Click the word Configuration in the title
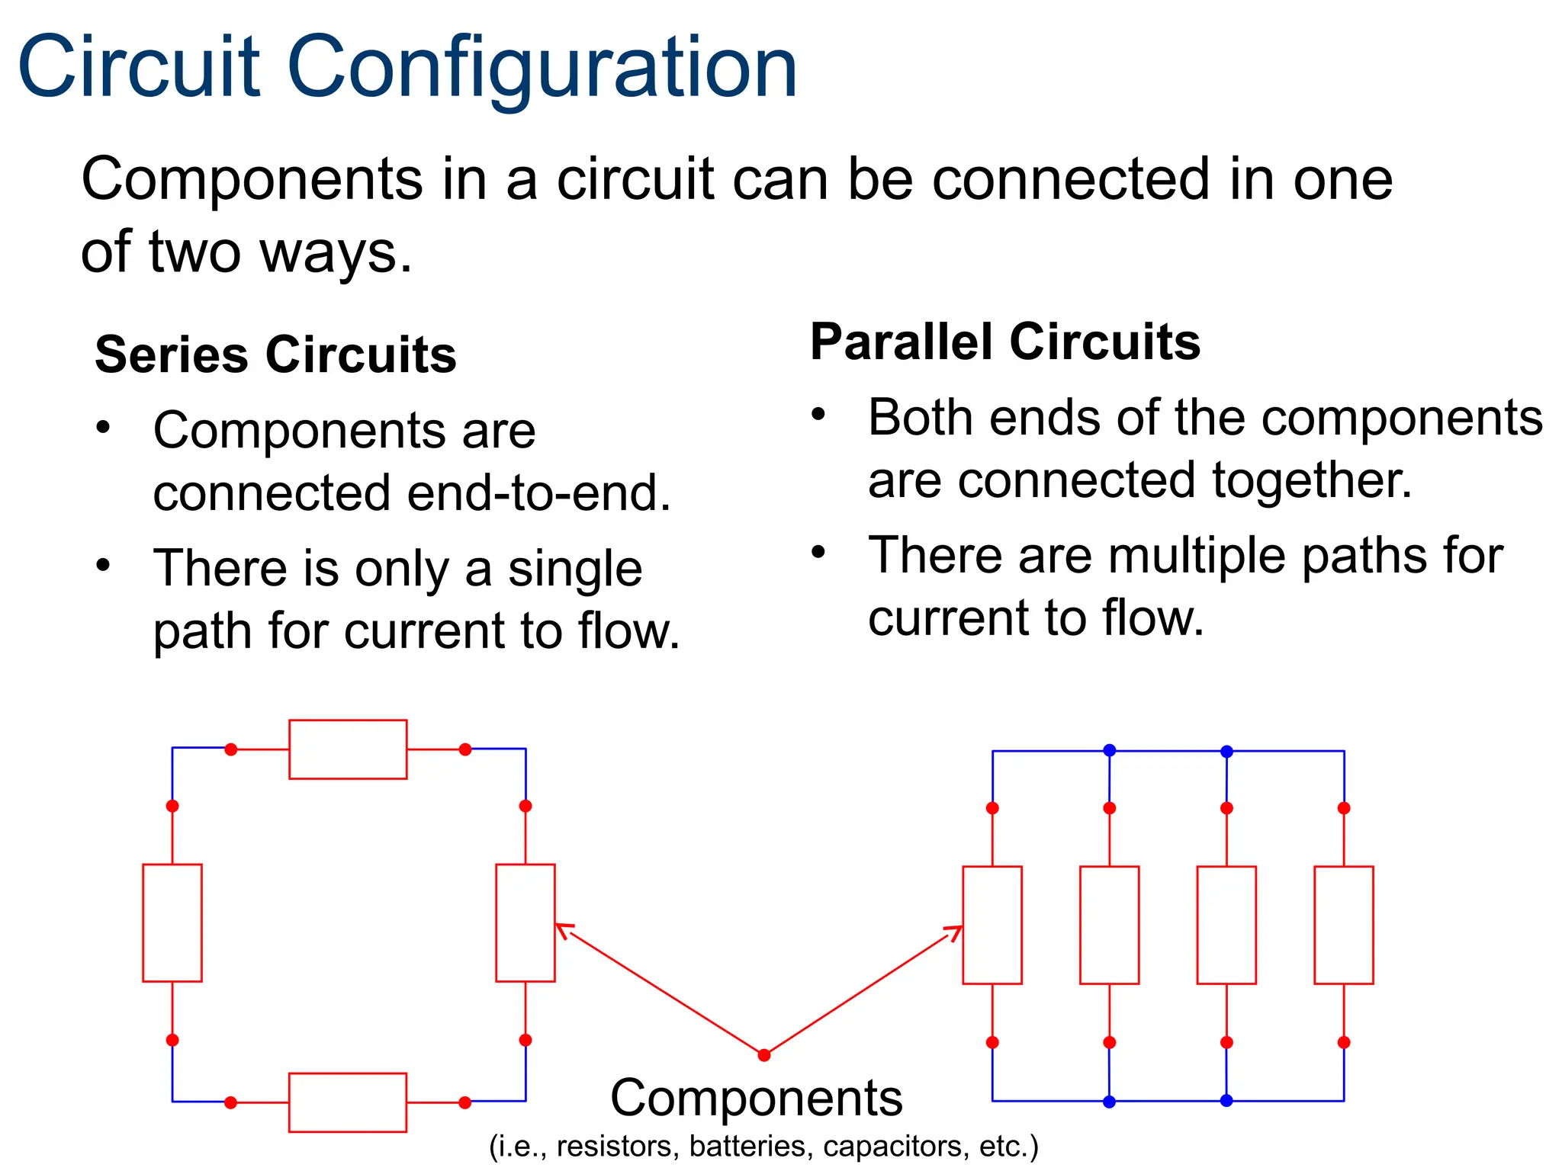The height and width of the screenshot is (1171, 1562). pos(542,69)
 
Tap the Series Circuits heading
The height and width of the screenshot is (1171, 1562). pos(275,355)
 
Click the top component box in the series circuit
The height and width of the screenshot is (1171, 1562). pos(348,749)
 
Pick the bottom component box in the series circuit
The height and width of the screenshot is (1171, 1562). pos(348,1102)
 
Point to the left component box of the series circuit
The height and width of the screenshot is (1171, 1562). pos(172,922)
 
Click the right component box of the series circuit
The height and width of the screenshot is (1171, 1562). pos(525,922)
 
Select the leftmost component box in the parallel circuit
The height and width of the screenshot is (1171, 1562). pos(992,925)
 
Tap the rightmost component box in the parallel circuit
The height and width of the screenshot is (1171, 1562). pos(1344,925)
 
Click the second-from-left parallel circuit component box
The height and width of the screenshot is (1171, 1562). pos(1110,925)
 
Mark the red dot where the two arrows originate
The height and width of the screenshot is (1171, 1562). pos(764,1055)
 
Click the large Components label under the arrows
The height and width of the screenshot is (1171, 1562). pos(757,1099)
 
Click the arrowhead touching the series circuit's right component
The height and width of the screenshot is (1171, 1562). pos(563,929)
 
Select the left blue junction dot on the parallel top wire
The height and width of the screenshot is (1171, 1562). pos(1110,750)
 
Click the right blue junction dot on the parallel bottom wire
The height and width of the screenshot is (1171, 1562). pos(1226,1101)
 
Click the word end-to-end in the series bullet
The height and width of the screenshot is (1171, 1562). pos(538,493)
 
